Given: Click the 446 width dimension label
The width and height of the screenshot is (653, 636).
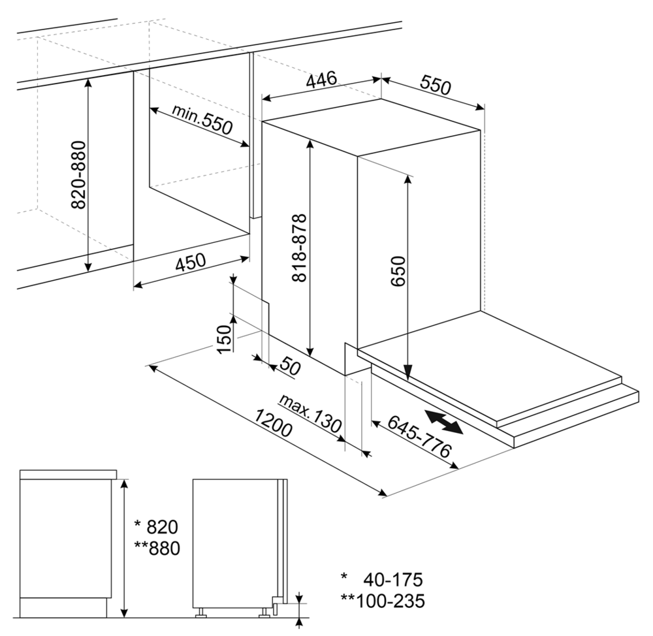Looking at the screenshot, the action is (x=321, y=80).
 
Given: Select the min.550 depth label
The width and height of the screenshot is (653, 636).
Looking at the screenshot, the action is (x=202, y=120).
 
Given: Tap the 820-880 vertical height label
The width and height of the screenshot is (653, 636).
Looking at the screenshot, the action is (x=78, y=174).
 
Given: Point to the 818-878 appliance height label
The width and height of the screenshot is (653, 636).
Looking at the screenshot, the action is (x=299, y=247).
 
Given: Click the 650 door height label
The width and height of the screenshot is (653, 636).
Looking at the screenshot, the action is (x=398, y=271).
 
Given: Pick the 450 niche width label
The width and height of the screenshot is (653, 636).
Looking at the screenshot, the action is (x=190, y=262).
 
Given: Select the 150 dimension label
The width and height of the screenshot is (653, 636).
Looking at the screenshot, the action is (x=224, y=339).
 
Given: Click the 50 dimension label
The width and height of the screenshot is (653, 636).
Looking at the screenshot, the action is (x=290, y=366).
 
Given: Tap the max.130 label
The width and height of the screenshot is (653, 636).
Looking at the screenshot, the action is (x=310, y=413).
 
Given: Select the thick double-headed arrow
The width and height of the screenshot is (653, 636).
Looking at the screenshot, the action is (x=444, y=422).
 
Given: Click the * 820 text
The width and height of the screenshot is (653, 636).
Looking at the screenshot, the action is (x=156, y=527).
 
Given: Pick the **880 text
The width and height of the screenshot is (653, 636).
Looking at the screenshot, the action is (x=157, y=548).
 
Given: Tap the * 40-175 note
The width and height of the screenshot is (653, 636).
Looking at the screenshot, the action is (x=382, y=579).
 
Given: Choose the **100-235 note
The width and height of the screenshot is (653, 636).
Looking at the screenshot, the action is (x=383, y=601).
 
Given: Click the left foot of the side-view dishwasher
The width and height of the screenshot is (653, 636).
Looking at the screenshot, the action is (x=201, y=612).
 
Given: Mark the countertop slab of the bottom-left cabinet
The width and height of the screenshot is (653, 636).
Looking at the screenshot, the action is (x=69, y=474).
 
